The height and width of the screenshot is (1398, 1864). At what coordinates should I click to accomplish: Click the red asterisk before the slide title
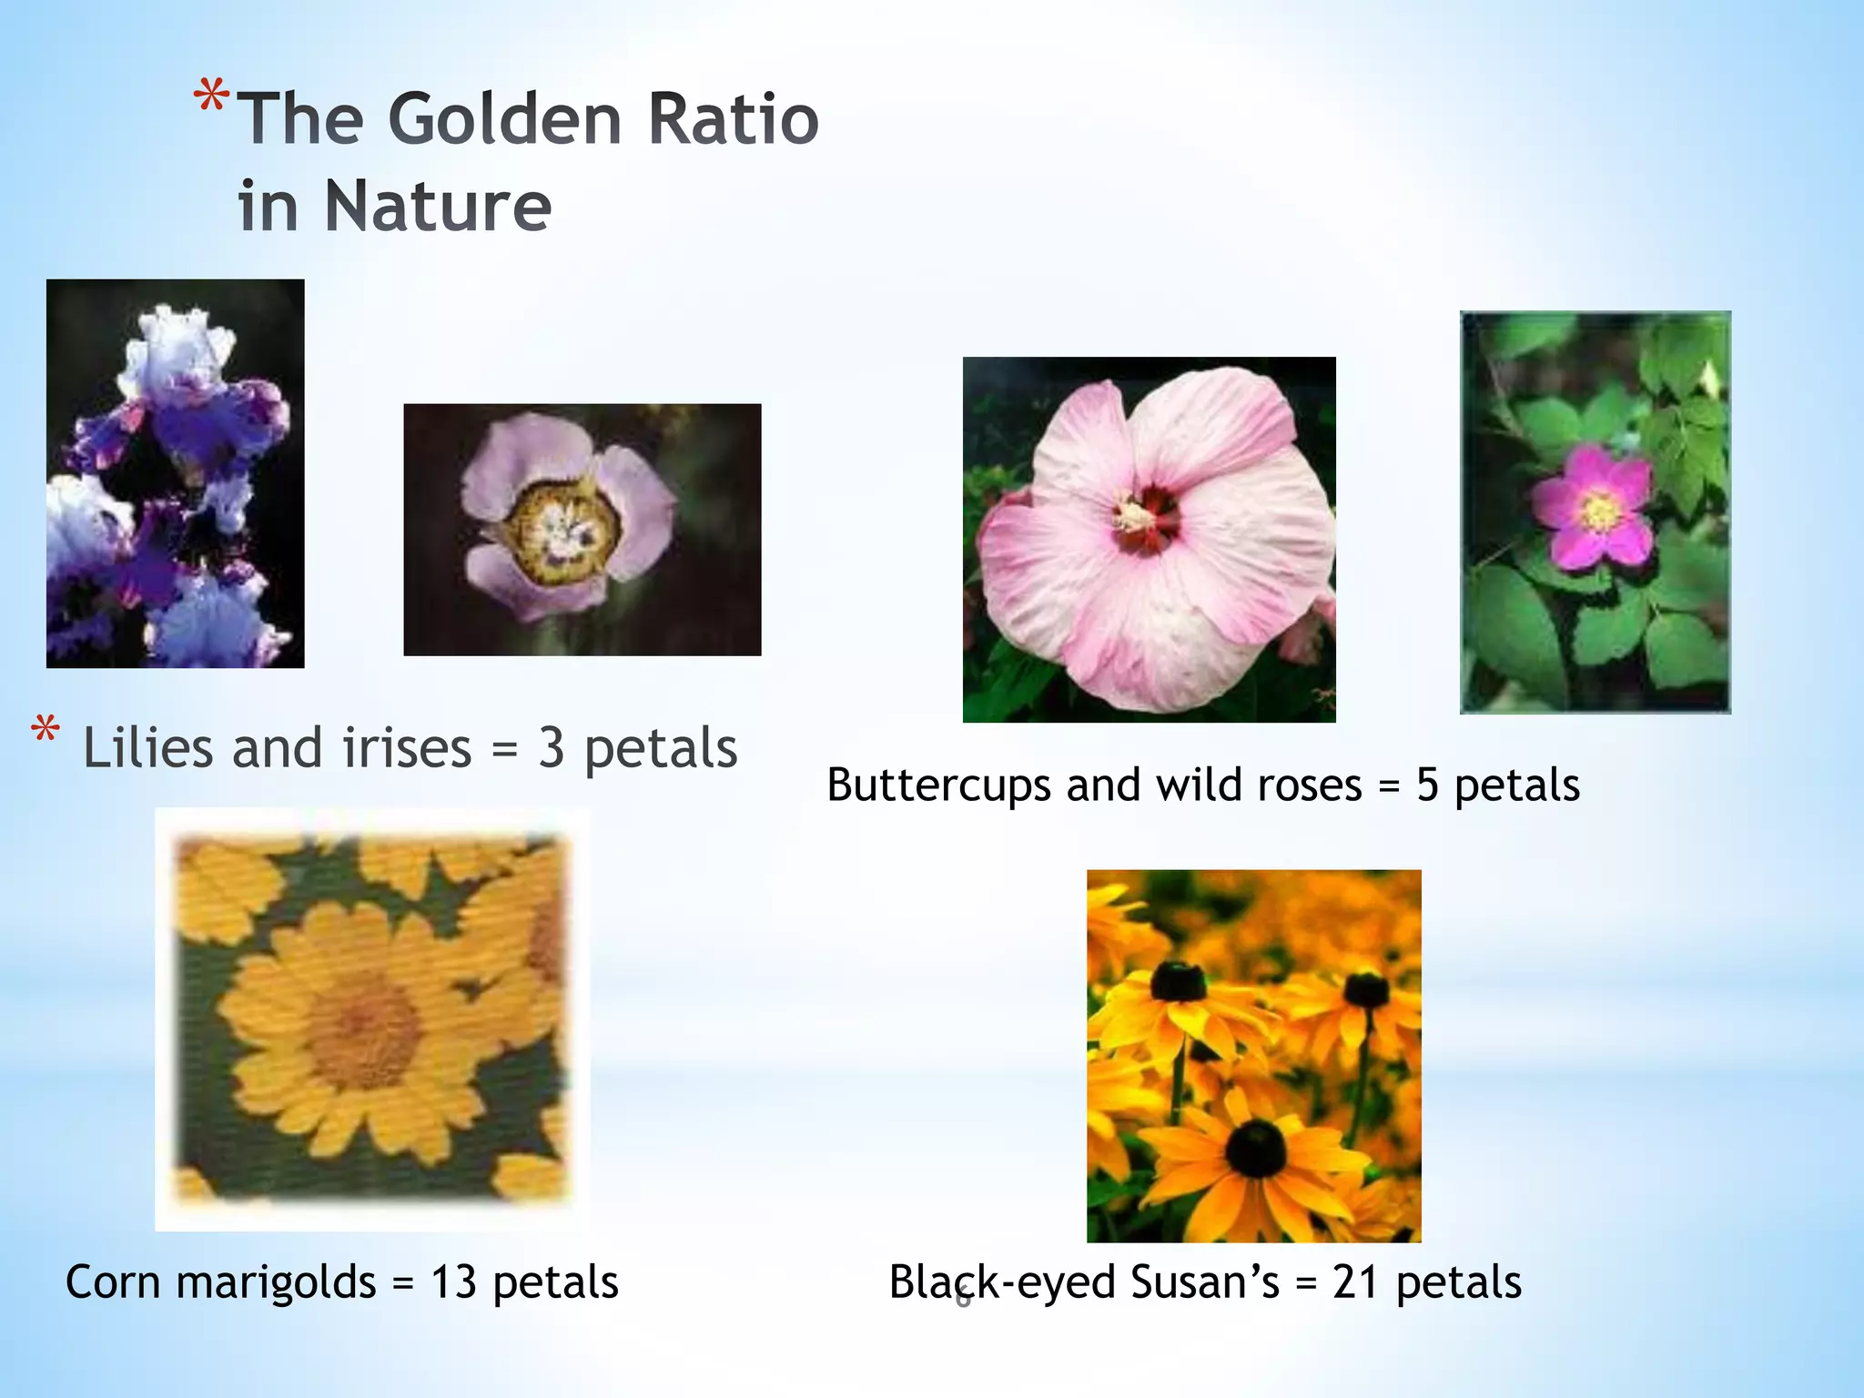211,97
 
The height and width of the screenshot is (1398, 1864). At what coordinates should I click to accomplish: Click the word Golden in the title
505,119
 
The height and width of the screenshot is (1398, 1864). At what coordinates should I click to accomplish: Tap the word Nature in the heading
438,207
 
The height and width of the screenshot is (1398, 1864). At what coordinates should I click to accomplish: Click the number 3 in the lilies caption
551,749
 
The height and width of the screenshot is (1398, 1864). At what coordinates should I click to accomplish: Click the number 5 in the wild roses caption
1427,785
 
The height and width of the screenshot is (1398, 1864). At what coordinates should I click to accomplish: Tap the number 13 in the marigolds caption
453,1281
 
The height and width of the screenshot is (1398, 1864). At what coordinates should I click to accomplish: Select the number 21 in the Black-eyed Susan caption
1356,1281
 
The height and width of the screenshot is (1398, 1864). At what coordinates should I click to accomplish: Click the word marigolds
276,1283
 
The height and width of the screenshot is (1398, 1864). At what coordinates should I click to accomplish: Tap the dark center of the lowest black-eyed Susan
1256,1148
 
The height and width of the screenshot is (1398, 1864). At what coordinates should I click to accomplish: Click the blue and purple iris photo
175,473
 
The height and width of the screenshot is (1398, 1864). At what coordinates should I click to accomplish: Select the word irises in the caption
406,749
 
